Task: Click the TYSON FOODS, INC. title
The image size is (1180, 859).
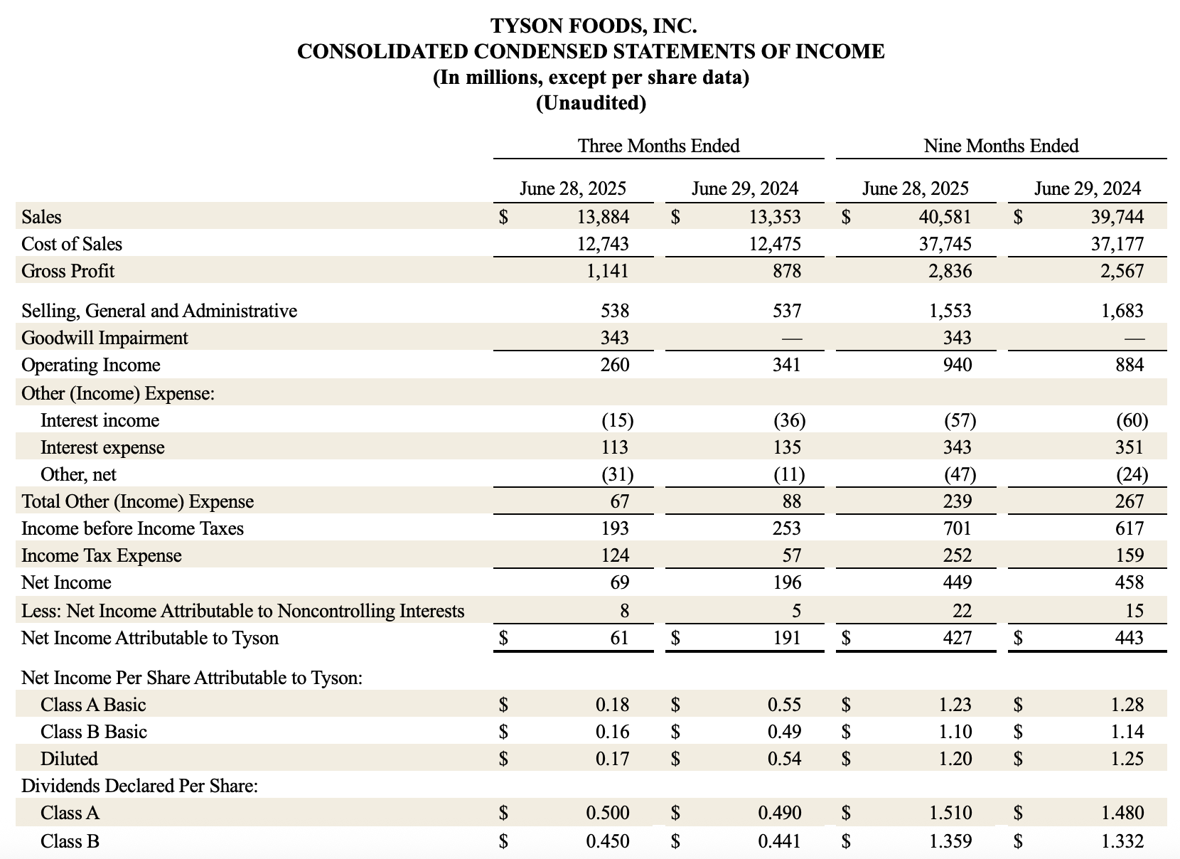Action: pos(593,26)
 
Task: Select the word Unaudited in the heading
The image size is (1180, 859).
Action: pos(591,104)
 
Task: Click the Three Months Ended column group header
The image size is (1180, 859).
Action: pos(658,146)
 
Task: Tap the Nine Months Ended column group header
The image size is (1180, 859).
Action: pos(1001,146)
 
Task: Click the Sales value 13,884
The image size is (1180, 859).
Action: pos(603,217)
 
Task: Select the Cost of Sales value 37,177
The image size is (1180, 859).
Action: pos(1117,244)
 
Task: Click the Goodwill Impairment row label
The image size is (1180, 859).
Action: pos(104,338)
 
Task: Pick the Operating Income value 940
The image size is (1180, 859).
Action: pos(958,365)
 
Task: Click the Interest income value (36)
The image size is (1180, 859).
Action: pos(789,420)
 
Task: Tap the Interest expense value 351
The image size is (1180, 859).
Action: pos(1130,447)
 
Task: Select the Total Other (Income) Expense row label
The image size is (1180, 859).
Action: pos(137,501)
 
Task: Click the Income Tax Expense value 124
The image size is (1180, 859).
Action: pos(614,555)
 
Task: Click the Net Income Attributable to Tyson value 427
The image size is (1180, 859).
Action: pos(958,638)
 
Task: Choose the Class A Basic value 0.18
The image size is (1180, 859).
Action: pos(612,705)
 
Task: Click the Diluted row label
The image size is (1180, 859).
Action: pos(69,759)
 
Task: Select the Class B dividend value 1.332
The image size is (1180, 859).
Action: pos(1122,841)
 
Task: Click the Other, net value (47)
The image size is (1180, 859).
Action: pos(960,474)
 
